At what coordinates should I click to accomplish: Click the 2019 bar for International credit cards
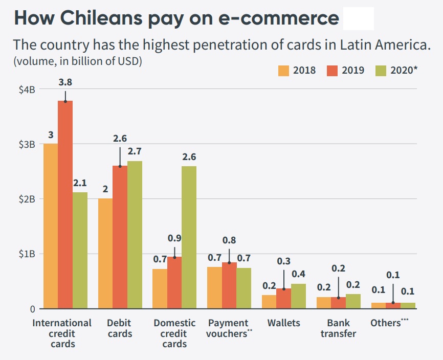tap(65, 205)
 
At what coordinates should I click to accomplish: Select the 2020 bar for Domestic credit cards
tap(189, 237)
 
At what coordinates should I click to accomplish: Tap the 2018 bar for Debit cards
tap(105, 254)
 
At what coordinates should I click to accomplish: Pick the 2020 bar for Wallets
tap(298, 296)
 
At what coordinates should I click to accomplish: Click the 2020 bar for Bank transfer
tap(353, 301)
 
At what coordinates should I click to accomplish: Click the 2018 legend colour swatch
tap(284, 70)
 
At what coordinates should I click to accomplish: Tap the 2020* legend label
tap(404, 70)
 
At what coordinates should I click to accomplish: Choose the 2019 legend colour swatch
tap(333, 70)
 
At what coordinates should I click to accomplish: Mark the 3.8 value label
tap(65, 82)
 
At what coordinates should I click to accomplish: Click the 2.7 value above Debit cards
tap(135, 151)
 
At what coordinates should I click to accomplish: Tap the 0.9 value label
tap(174, 238)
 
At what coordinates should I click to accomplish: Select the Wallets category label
tap(283, 323)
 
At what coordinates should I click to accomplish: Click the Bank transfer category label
tap(338, 328)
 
